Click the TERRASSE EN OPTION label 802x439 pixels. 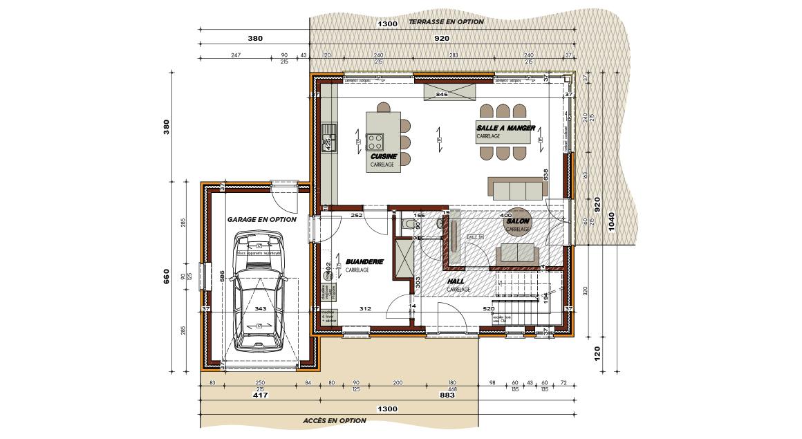(x=446, y=22)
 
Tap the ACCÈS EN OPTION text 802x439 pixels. (x=334, y=420)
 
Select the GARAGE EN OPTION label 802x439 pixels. (x=261, y=219)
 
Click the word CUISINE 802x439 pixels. (x=382, y=157)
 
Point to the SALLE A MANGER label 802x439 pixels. (x=505, y=128)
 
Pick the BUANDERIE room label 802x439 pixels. (x=364, y=262)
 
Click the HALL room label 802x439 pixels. (x=456, y=281)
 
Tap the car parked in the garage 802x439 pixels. (x=258, y=292)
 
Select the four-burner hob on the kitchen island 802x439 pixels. (x=375, y=142)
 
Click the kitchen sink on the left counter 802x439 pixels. (x=328, y=136)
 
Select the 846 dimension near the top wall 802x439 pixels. (x=442, y=93)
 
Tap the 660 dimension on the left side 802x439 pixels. (x=167, y=277)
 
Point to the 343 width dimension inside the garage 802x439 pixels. (x=261, y=308)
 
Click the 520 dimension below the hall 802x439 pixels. (x=488, y=308)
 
